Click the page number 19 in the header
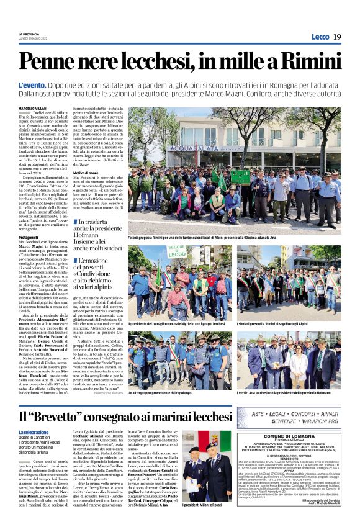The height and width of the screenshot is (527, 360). [336, 37]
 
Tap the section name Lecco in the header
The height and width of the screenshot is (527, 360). [319, 37]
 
